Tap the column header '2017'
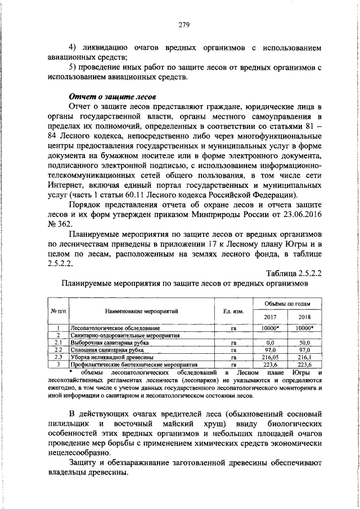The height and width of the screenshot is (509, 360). click(x=271, y=317)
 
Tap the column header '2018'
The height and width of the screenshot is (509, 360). click(x=304, y=317)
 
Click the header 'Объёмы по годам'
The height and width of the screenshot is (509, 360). click(x=287, y=304)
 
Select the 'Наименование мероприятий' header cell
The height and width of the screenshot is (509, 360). click(x=141, y=310)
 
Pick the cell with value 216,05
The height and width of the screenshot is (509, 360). click(x=271, y=357)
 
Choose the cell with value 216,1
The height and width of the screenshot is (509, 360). click(x=304, y=357)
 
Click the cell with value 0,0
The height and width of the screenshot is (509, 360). click(x=271, y=342)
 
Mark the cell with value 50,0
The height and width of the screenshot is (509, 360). click(x=304, y=342)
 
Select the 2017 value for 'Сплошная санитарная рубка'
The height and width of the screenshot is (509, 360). click(x=271, y=350)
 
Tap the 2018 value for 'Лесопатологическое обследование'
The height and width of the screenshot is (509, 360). click(x=304, y=327)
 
